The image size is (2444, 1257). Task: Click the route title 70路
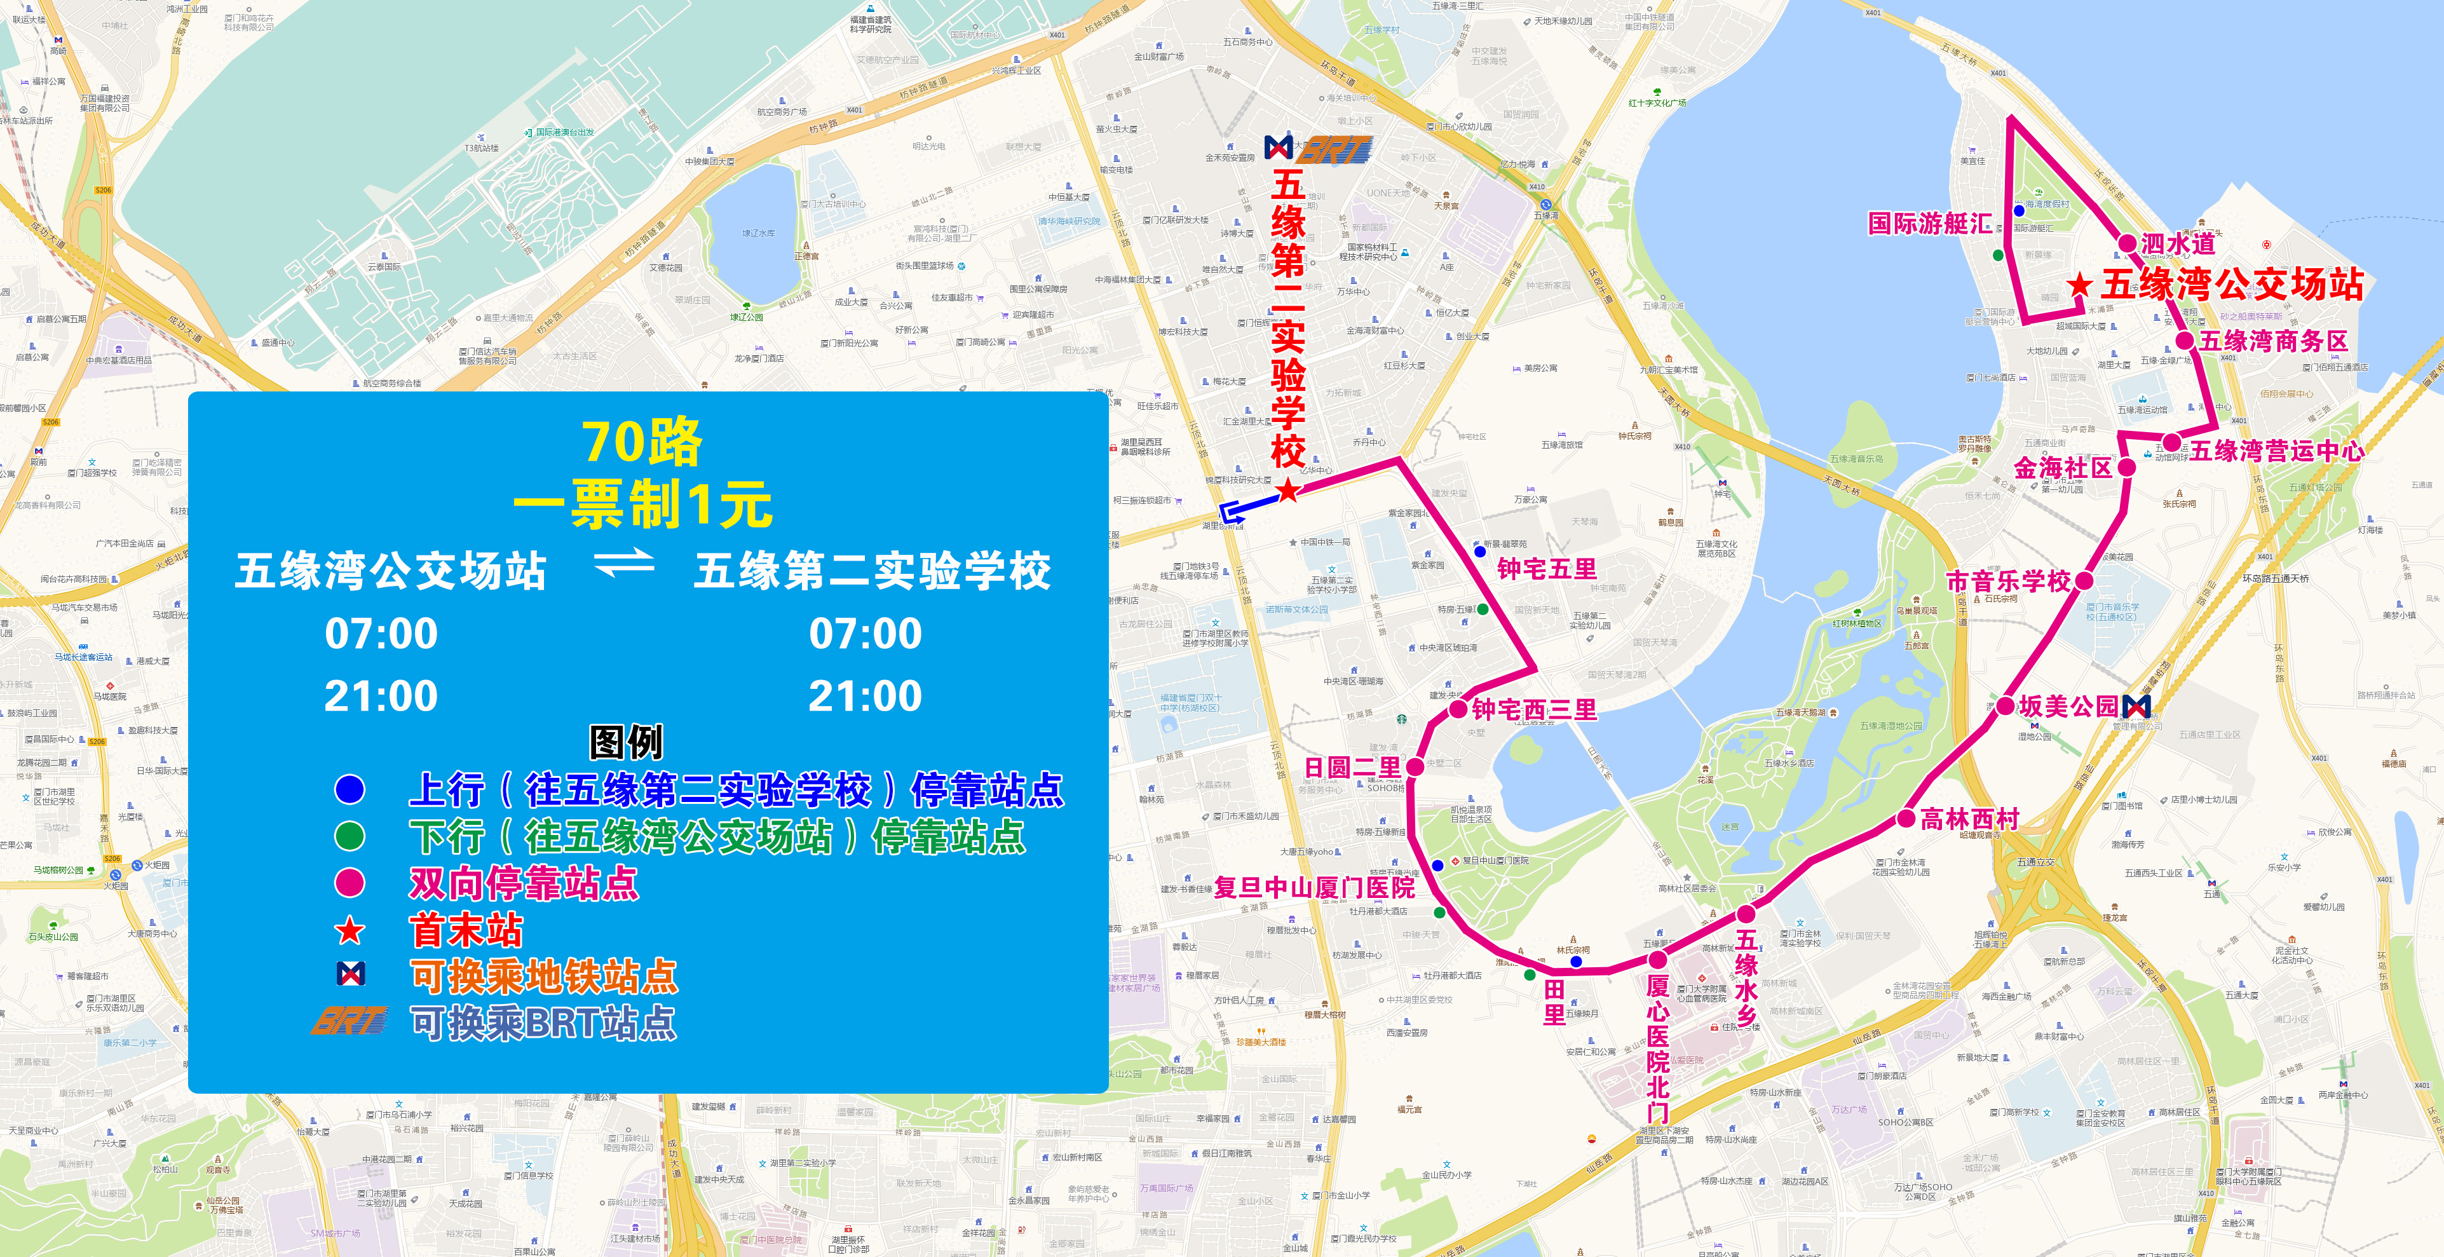tap(642, 442)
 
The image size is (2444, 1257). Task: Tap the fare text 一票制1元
tap(642, 504)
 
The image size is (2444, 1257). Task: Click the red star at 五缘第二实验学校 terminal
tap(1287, 491)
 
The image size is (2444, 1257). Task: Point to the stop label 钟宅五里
tap(1547, 569)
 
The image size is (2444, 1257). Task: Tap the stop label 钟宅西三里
tap(1534, 710)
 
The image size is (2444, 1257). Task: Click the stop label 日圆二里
tap(1352, 768)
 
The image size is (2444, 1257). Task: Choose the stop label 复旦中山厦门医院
tap(1314, 888)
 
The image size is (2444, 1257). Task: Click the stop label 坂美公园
tap(2068, 707)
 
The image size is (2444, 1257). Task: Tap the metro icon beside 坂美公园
tap(2136, 706)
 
